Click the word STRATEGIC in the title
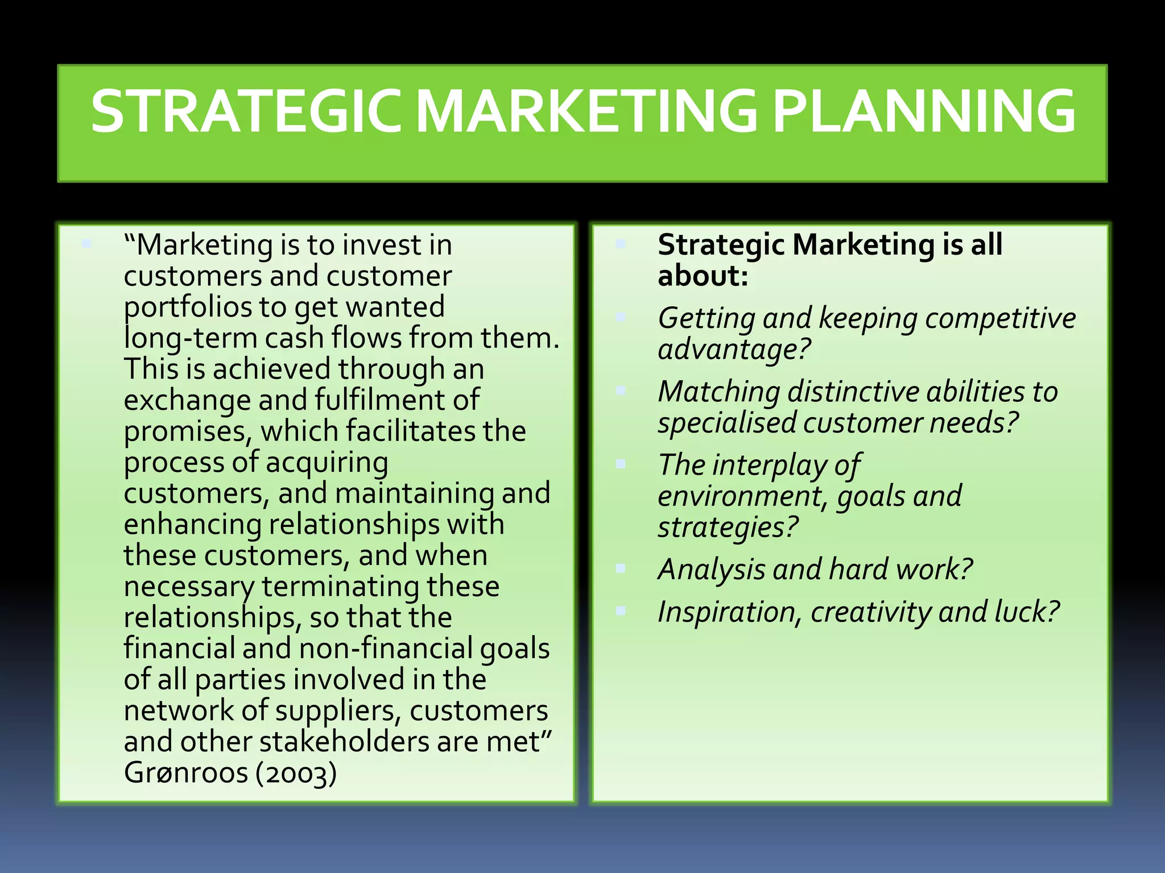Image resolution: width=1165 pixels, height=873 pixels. click(250, 111)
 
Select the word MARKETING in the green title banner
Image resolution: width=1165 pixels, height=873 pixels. click(586, 111)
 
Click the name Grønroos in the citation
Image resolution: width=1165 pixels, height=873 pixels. click(186, 773)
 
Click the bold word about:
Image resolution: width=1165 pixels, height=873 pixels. click(703, 277)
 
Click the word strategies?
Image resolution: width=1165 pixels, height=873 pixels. click(729, 527)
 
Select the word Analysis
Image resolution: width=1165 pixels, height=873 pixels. click(711, 570)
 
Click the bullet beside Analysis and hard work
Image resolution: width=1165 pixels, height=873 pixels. click(621, 568)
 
